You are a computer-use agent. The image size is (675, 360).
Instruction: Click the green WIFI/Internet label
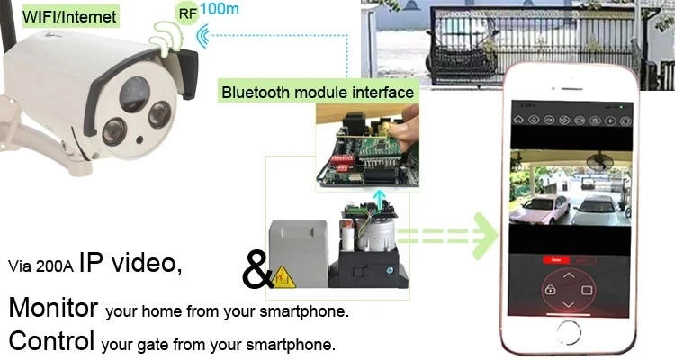click(58, 17)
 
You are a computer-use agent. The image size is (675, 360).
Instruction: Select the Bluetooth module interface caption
click(318, 92)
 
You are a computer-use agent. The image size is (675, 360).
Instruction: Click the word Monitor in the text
click(53, 308)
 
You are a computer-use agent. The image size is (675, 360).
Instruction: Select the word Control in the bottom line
click(51, 342)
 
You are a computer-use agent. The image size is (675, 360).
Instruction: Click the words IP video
click(130, 263)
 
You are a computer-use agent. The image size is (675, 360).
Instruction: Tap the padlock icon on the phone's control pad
click(547, 290)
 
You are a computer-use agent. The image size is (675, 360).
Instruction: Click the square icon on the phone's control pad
click(585, 290)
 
